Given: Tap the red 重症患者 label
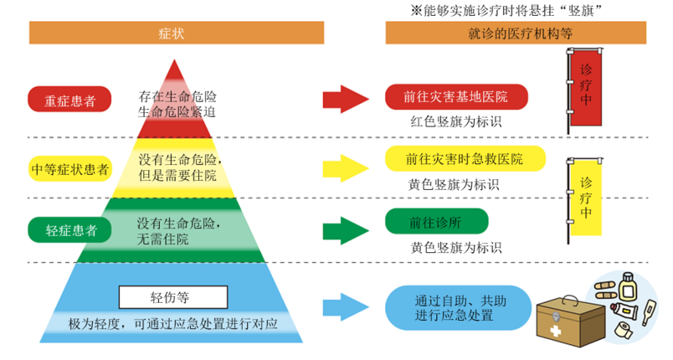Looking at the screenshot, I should point(69,100).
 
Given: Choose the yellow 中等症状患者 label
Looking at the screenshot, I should point(69,167).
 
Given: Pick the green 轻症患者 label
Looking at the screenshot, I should point(69,229).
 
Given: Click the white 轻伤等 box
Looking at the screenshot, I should point(172,296).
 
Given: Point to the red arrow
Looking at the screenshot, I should point(345,98).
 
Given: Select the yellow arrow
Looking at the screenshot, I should point(345,165).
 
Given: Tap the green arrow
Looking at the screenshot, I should point(345,228).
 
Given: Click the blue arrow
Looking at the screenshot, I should point(345,305).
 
